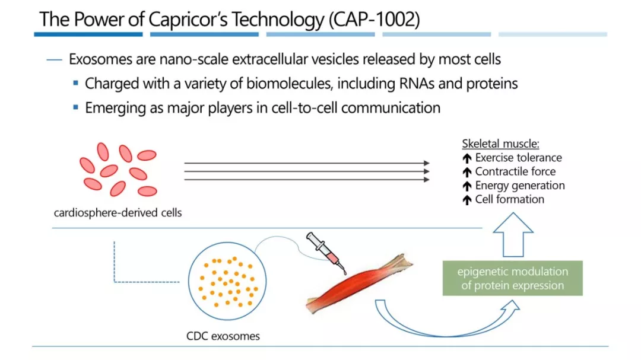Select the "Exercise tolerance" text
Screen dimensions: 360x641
(x=518, y=158)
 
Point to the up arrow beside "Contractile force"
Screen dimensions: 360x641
(x=467, y=172)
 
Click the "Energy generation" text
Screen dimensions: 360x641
(x=520, y=186)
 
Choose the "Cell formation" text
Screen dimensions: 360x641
(x=509, y=199)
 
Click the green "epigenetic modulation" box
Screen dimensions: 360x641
(x=512, y=279)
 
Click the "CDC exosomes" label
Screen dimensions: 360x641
(x=223, y=336)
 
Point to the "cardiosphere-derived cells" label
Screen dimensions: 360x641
(x=118, y=213)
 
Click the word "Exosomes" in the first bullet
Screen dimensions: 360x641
(x=97, y=60)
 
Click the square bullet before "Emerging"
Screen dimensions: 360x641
(x=76, y=107)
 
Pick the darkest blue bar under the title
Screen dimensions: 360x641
(x=88, y=34)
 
